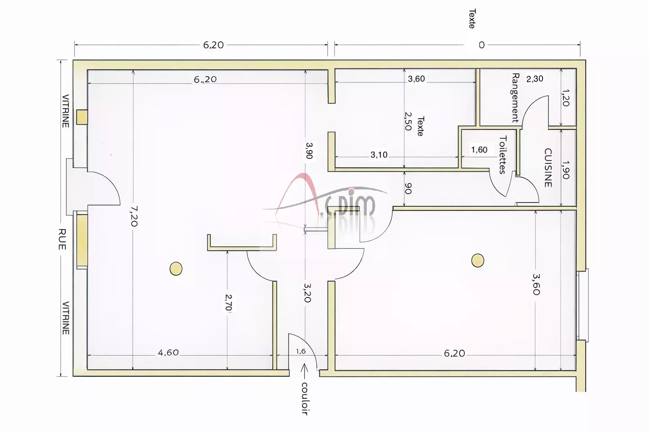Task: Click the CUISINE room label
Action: click(x=548, y=168)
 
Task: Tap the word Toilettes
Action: click(x=503, y=155)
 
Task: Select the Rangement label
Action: click(x=515, y=98)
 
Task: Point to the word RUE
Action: click(x=62, y=239)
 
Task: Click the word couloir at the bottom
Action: click(x=305, y=399)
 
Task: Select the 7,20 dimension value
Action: click(x=134, y=216)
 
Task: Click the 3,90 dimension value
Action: click(x=309, y=150)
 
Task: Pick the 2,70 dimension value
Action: click(x=229, y=302)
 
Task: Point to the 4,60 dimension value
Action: click(x=168, y=352)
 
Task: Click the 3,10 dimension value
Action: click(x=379, y=155)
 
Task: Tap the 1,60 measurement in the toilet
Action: click(x=479, y=150)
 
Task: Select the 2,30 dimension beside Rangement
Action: click(x=535, y=79)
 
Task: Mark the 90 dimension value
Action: click(x=408, y=188)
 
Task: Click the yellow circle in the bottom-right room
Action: click(x=477, y=260)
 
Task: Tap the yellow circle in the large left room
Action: click(x=176, y=268)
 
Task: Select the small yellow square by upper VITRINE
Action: click(x=82, y=117)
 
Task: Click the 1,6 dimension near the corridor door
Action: click(x=301, y=351)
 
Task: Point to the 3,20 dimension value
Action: click(x=308, y=292)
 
